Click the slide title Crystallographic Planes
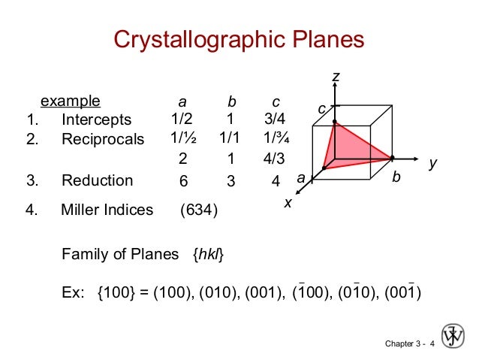(x=239, y=40)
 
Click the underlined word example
(x=70, y=101)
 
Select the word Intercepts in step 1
(x=96, y=120)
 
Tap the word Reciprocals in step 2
(x=103, y=139)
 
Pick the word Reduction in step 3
(x=97, y=180)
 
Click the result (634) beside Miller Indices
(x=199, y=210)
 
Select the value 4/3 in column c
(x=275, y=159)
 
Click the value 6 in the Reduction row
(x=183, y=181)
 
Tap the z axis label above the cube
(x=336, y=77)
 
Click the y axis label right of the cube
(x=432, y=162)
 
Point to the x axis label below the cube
(x=287, y=203)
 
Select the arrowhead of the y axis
(x=414, y=159)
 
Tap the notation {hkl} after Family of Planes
(x=208, y=255)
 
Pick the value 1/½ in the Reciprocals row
(x=182, y=138)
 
